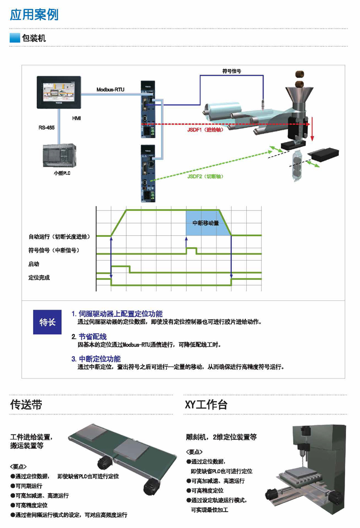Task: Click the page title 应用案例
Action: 34,15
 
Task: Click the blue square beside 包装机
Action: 15,38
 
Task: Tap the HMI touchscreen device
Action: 59,92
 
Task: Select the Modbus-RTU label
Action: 110,90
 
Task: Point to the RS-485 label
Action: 47,128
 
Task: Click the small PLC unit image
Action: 60,156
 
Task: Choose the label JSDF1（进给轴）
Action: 205,130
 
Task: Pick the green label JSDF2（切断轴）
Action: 205,176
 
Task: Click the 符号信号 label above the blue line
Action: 232,71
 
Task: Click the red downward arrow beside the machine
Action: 312,129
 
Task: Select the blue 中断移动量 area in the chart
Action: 206,223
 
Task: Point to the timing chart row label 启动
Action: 34,264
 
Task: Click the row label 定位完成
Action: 39,278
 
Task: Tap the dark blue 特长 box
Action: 47,322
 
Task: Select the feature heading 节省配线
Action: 93,336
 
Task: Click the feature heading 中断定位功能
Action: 100,359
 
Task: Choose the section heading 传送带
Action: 26,405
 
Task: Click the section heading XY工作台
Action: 206,405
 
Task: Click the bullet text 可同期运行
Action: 29,486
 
